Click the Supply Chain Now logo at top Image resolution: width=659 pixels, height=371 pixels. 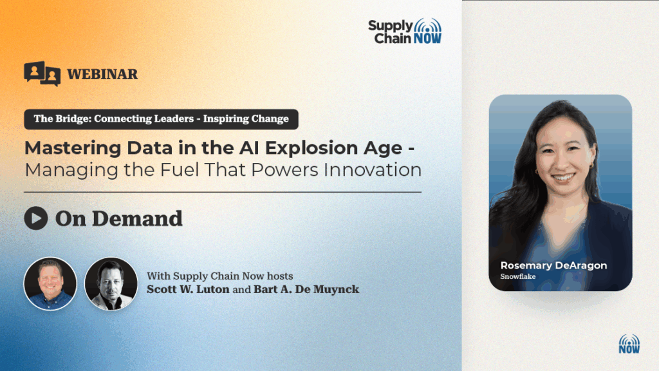click(x=405, y=31)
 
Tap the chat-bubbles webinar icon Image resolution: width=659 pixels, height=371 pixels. click(x=42, y=73)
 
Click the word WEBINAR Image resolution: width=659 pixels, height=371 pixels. click(x=102, y=74)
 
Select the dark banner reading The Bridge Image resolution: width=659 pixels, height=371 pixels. click(x=162, y=119)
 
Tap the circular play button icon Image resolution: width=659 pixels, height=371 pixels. click(x=36, y=218)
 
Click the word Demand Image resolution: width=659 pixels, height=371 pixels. click(x=137, y=219)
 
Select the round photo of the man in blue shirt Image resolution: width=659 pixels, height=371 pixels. click(x=50, y=284)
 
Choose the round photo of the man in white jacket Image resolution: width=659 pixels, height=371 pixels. click(x=111, y=284)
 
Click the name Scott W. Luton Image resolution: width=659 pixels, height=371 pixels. click(x=188, y=289)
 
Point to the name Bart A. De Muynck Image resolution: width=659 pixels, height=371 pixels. click(x=306, y=289)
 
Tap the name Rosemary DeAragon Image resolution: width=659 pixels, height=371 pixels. click(x=553, y=265)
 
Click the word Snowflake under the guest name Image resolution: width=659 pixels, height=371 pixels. click(x=518, y=276)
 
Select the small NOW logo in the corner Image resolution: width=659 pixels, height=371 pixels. click(x=629, y=344)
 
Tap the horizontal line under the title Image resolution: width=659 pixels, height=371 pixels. click(x=223, y=192)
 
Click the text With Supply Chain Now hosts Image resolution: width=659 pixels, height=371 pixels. click(x=220, y=276)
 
